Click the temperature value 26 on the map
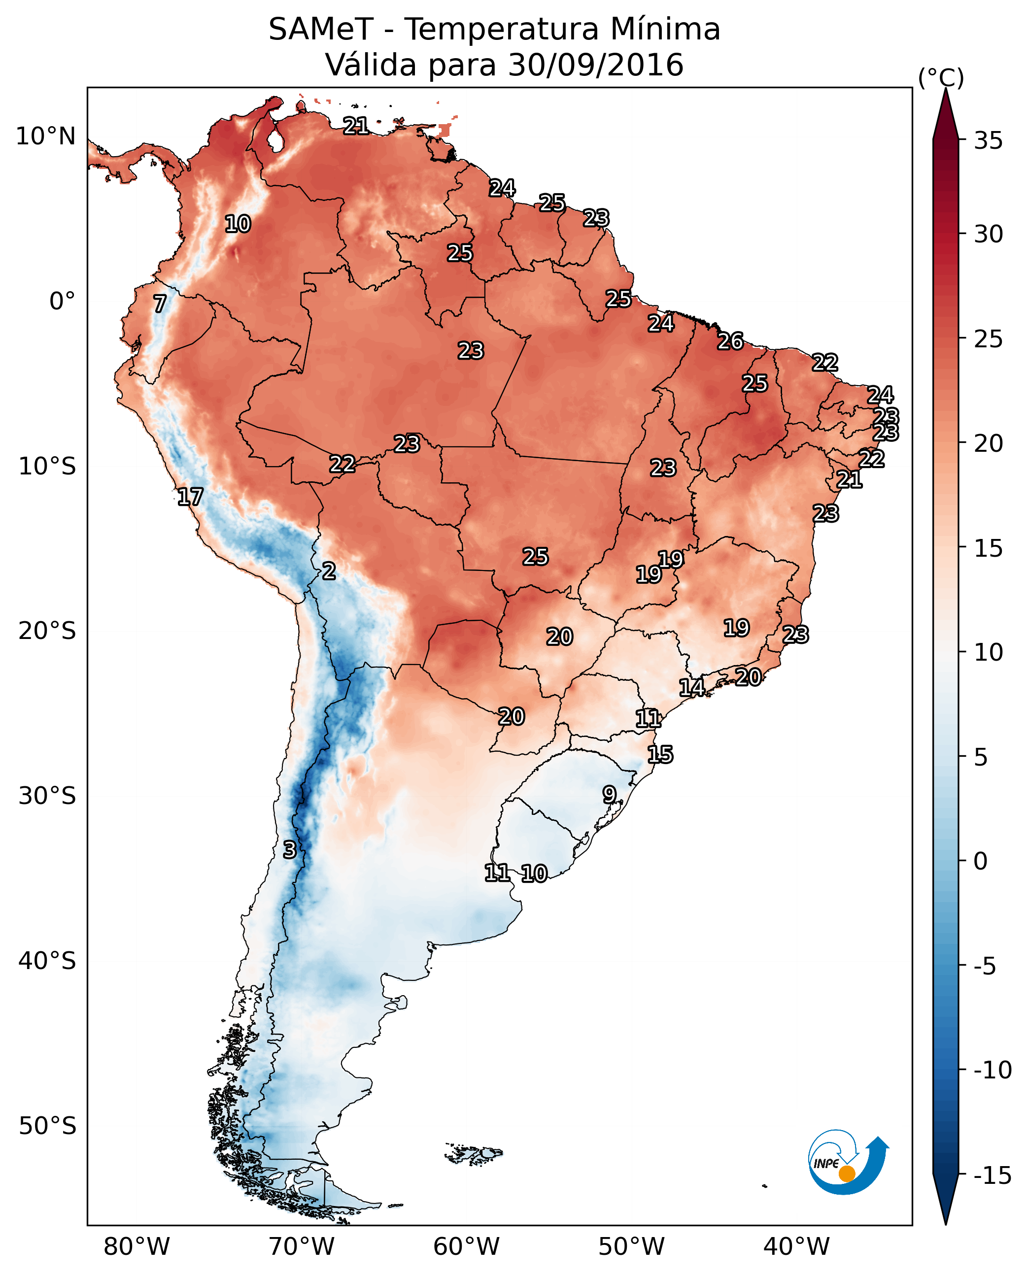pos(730,341)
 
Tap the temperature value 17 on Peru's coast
pos(190,497)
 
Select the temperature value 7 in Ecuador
pos(160,303)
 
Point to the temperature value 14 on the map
pos(691,687)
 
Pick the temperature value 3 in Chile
pos(289,849)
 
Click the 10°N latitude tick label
pos(46,137)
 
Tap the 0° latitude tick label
pos(62,302)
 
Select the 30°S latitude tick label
pos(47,796)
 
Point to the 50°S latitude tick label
pos(47,1125)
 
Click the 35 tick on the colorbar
pos(988,141)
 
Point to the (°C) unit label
pos(941,77)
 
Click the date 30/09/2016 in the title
pos(596,65)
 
